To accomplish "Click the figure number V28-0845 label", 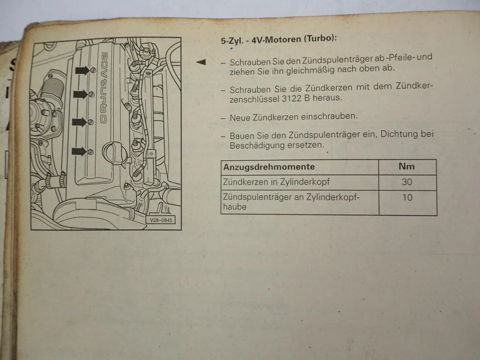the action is click(161, 220).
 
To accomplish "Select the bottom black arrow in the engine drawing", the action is click(79, 151).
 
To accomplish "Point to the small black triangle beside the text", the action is click(201, 62).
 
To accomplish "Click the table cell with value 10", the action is click(408, 203).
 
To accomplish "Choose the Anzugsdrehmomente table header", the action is click(269, 167).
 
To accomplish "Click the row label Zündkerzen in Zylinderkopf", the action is click(276, 182).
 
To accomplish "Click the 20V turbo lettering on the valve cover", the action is click(104, 88).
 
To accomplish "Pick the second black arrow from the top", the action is click(80, 95).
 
